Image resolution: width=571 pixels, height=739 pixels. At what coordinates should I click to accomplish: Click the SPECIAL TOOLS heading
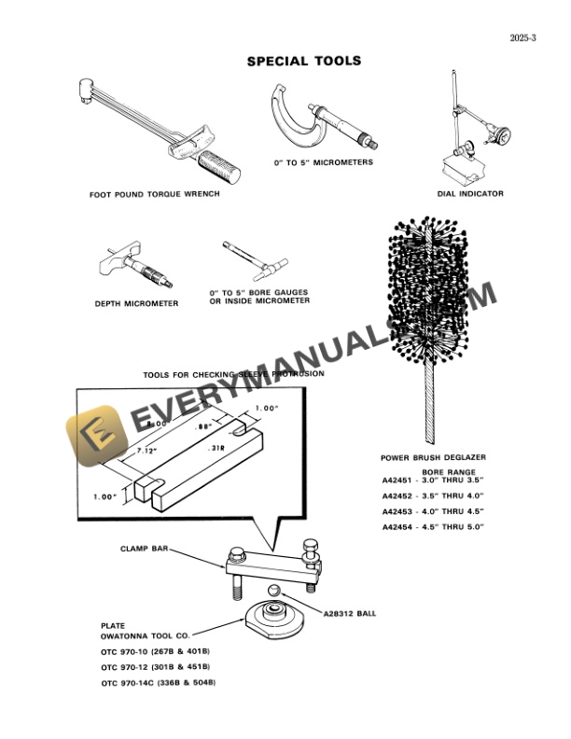303,62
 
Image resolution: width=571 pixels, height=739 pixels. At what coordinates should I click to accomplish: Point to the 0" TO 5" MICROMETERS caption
324,162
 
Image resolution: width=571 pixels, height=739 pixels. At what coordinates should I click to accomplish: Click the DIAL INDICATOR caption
470,194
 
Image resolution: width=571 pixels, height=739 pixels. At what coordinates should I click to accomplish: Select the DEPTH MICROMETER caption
136,303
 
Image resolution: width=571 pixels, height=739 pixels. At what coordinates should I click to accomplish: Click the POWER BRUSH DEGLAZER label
433,457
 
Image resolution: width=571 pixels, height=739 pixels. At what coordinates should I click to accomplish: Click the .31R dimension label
216,447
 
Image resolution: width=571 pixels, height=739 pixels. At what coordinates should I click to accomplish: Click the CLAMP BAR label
141,549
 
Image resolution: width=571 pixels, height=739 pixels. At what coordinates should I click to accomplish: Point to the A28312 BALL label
355,613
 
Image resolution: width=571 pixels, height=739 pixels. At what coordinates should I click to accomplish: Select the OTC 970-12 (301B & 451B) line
156,667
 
